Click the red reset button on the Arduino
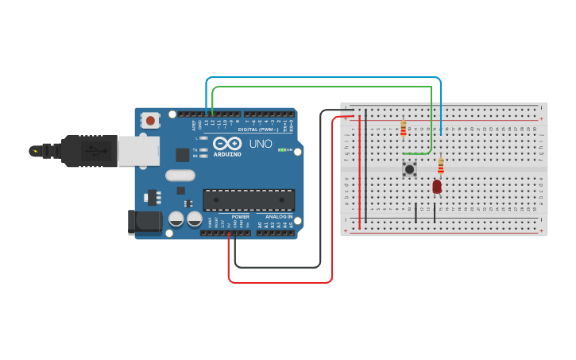pyautogui.click(x=149, y=121)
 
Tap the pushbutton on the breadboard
pyautogui.click(x=409, y=168)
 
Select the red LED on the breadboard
pyautogui.click(x=437, y=187)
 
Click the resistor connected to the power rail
pyautogui.click(x=403, y=128)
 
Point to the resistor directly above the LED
pyautogui.click(x=441, y=165)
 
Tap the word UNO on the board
pyautogui.click(x=261, y=145)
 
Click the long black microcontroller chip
pyautogui.click(x=249, y=199)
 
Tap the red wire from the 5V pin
pyautogui.click(x=278, y=282)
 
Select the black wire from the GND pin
pyautogui.click(x=278, y=267)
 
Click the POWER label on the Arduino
pyautogui.click(x=240, y=216)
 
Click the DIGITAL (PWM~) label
pyautogui.click(x=259, y=129)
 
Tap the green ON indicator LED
pyautogui.click(x=281, y=149)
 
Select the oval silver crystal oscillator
pyautogui.click(x=180, y=175)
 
